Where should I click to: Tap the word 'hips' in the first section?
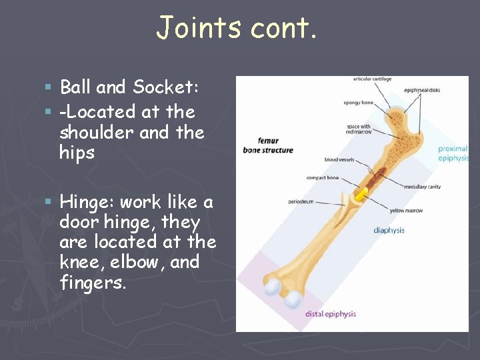pyautogui.click(x=77, y=153)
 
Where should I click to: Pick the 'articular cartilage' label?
pyautogui.click(x=372, y=79)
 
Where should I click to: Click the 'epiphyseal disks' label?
pyautogui.click(x=423, y=91)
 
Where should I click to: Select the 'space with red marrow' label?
pyautogui.click(x=358, y=129)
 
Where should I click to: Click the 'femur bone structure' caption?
pyautogui.click(x=268, y=145)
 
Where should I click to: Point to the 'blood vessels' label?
pyautogui.click(x=339, y=160)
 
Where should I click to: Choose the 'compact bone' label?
pyautogui.click(x=322, y=178)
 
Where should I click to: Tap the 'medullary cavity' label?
pyautogui.click(x=422, y=187)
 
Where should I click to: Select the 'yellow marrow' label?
pyautogui.click(x=407, y=211)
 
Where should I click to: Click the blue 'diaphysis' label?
pyautogui.click(x=389, y=231)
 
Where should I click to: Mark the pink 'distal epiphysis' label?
pyautogui.click(x=331, y=314)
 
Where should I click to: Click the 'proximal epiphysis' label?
pyautogui.click(x=453, y=153)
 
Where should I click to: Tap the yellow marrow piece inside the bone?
pyautogui.click(x=361, y=195)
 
